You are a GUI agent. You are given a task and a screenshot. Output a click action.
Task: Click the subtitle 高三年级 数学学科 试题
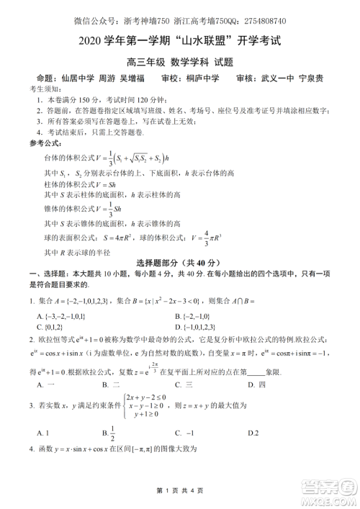[180, 62]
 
